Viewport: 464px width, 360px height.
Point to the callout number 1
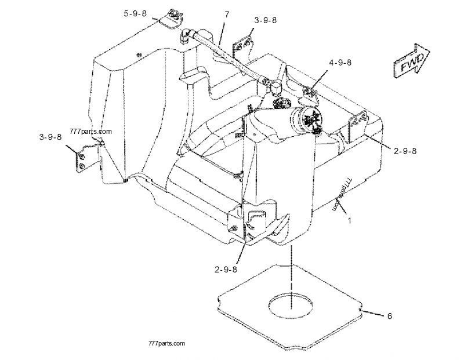point(349,220)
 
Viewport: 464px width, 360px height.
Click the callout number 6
point(389,316)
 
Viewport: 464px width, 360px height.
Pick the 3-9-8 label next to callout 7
point(265,20)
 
